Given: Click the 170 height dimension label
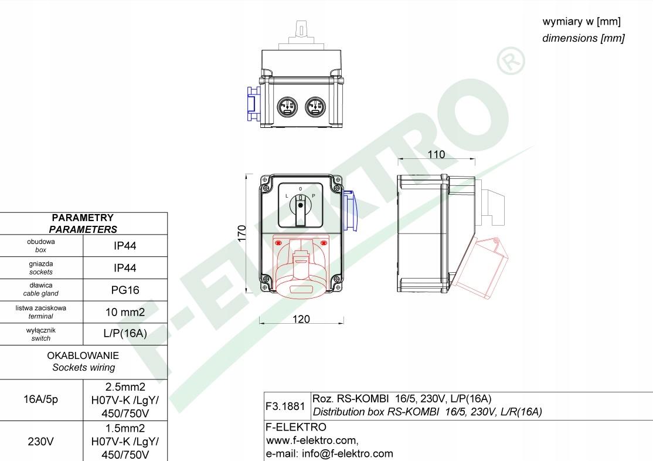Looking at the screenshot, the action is (x=242, y=233).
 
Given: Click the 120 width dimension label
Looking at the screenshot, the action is (x=301, y=319).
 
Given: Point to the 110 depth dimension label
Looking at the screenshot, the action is (x=436, y=155).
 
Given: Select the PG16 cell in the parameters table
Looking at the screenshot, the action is (x=125, y=290).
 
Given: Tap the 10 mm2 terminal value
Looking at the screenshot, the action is (x=125, y=312).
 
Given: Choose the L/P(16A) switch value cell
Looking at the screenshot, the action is (x=125, y=334).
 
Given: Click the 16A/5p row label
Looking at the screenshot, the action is (x=41, y=399).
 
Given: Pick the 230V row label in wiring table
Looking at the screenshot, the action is (x=41, y=441).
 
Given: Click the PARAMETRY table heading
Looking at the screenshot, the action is (x=83, y=218).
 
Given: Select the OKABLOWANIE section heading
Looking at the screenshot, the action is (x=83, y=355).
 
